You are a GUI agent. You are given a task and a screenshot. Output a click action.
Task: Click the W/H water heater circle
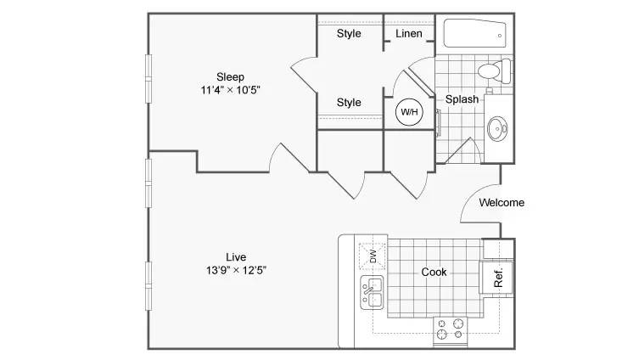click(x=409, y=112)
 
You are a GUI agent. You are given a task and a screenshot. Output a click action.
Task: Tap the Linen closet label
click(x=409, y=33)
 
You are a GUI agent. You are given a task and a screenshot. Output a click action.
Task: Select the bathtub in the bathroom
click(x=474, y=33)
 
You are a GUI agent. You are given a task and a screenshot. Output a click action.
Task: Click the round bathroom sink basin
click(x=497, y=129)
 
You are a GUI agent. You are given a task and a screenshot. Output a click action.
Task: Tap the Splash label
click(x=462, y=99)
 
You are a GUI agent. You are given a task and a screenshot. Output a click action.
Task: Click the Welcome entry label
click(x=502, y=203)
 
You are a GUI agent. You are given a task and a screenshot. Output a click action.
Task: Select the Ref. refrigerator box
click(x=496, y=278)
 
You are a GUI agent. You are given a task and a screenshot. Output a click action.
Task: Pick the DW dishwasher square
click(x=372, y=256)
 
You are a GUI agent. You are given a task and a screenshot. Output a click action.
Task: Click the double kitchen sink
click(x=372, y=292)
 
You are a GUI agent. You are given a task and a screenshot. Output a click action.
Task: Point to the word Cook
click(x=434, y=272)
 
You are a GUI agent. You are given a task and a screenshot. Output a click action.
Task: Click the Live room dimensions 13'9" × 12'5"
click(x=236, y=270)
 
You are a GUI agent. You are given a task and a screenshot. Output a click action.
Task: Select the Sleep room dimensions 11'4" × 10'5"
click(x=230, y=90)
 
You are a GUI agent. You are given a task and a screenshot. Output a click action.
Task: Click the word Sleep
click(x=230, y=77)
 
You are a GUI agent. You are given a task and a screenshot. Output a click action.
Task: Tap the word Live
click(x=236, y=257)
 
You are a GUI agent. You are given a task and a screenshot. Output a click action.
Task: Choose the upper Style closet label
click(x=349, y=33)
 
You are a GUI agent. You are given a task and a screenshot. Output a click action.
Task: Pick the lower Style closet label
click(x=349, y=103)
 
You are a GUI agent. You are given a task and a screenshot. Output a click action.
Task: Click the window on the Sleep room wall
click(x=149, y=78)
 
